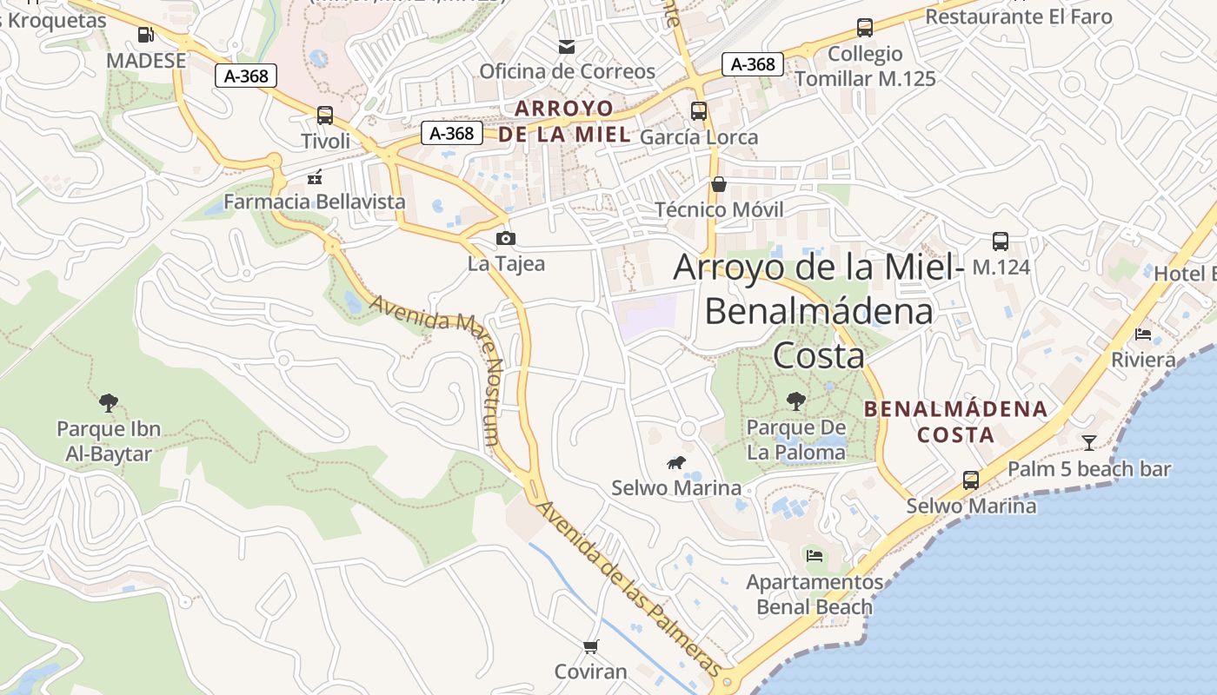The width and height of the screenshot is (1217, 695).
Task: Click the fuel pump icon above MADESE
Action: click(x=146, y=35)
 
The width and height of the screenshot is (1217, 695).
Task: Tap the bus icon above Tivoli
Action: click(x=325, y=115)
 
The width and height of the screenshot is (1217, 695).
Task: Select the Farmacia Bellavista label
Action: click(x=315, y=202)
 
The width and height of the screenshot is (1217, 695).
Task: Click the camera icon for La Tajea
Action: click(x=505, y=238)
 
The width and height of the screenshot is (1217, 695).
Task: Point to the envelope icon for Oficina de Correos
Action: click(x=567, y=46)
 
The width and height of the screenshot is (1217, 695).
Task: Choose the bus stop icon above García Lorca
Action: click(x=699, y=111)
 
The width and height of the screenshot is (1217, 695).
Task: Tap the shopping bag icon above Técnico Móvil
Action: click(x=719, y=184)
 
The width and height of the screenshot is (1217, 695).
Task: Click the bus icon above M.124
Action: click(x=1001, y=242)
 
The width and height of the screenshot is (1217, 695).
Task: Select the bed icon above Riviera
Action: click(x=1143, y=334)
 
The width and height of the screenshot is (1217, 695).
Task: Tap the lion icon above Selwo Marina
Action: click(x=676, y=462)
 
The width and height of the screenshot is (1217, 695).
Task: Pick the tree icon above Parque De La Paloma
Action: click(x=795, y=401)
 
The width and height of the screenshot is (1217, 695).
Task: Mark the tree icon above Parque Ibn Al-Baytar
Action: click(x=109, y=402)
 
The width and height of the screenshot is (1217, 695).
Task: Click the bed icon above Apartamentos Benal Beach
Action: click(x=815, y=555)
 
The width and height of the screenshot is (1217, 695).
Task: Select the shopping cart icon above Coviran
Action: click(x=591, y=646)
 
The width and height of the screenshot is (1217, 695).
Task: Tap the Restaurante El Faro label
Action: click(x=1018, y=17)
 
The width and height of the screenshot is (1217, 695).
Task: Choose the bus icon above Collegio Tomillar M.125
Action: click(x=865, y=28)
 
